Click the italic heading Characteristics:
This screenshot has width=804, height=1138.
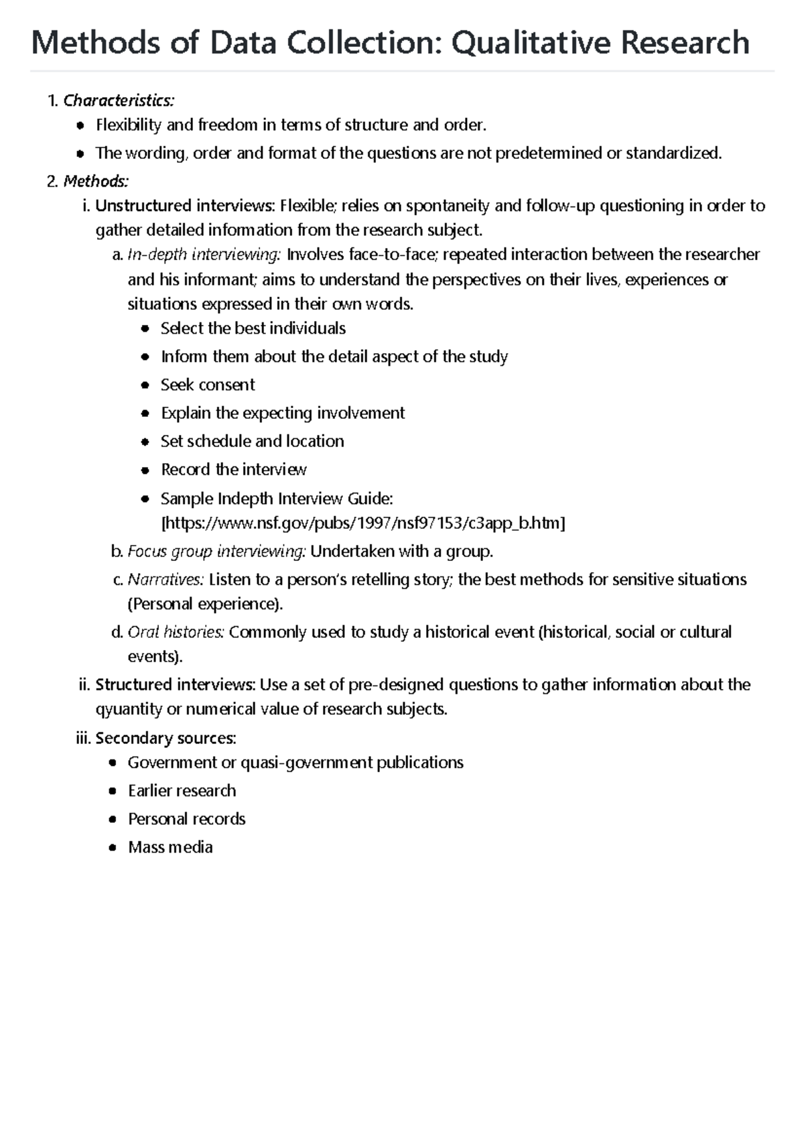click(x=119, y=101)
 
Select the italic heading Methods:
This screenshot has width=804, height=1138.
click(x=96, y=181)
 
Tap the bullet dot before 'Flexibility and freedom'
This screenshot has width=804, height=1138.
click(x=80, y=125)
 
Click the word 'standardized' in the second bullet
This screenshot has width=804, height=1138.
click(x=673, y=153)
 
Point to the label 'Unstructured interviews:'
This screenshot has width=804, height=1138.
click(x=185, y=206)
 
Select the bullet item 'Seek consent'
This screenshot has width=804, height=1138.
click(x=208, y=385)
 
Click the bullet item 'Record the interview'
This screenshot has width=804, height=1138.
click(x=233, y=470)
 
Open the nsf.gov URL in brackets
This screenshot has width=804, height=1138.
click(x=364, y=523)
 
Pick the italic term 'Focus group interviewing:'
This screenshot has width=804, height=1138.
click(x=216, y=552)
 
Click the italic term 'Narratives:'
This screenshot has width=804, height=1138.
click(x=165, y=580)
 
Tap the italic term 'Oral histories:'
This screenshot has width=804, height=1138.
click(x=176, y=632)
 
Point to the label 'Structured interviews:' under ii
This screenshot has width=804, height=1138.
click(x=175, y=685)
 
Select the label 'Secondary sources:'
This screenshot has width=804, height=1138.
click(x=165, y=739)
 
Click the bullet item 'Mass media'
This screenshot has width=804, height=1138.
click(x=170, y=847)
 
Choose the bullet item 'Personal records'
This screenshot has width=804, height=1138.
click(x=186, y=819)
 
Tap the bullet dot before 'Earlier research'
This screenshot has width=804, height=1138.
click(x=113, y=792)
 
